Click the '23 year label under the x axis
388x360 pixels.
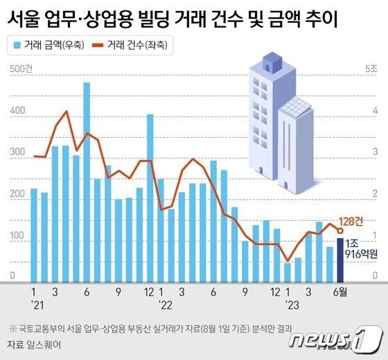tap(289, 304)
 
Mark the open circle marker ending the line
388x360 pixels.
tap(340, 231)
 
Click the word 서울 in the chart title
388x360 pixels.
tap(25, 19)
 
